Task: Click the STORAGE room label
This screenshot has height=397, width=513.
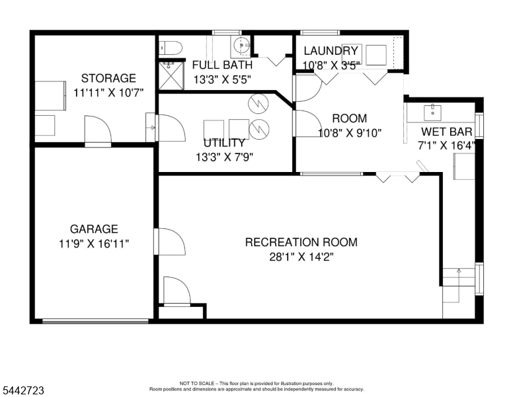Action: [x=108, y=78]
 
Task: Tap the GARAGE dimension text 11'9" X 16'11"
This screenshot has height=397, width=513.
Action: [x=94, y=244]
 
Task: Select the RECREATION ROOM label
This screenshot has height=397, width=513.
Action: [x=301, y=242]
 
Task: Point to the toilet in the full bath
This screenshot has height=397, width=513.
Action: [x=171, y=48]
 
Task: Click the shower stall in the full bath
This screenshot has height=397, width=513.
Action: [x=171, y=75]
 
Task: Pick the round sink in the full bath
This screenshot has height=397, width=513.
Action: [x=241, y=44]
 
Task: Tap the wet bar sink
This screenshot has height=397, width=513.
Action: [x=432, y=112]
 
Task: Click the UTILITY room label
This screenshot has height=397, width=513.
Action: [x=224, y=143]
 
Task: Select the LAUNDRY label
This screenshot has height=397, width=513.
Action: [x=331, y=51]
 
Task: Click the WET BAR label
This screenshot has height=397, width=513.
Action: [x=447, y=132]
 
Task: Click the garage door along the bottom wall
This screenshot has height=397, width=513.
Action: [x=95, y=322]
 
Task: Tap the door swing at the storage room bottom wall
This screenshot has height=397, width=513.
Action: [x=98, y=130]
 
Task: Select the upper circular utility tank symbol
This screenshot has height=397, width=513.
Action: [x=258, y=103]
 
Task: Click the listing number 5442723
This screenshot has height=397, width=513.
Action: [x=23, y=390]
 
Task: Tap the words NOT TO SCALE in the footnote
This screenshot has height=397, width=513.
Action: [x=196, y=383]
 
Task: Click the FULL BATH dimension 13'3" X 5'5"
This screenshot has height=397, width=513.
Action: [x=222, y=79]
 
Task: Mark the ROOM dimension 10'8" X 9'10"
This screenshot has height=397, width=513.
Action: [x=350, y=133]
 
